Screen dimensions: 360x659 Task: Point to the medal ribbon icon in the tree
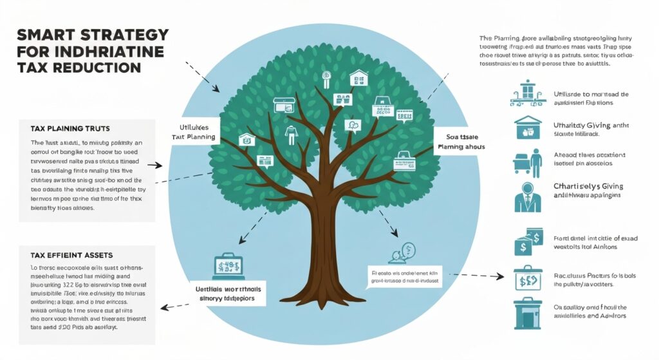point(326,79)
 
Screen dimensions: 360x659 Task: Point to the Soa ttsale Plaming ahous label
point(458,142)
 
